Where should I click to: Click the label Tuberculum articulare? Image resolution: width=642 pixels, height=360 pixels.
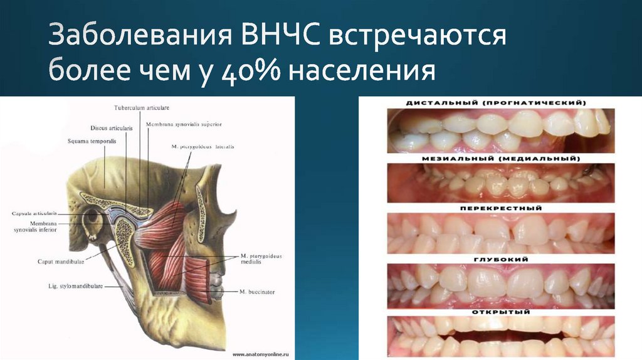pyautogui.click(x=142, y=108)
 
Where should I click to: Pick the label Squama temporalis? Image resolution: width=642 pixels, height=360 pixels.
pyautogui.click(x=92, y=141)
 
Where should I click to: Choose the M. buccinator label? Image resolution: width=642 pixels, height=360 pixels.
pyautogui.click(x=256, y=292)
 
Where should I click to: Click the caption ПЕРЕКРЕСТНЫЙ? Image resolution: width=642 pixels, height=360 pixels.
pyautogui.click(x=500, y=208)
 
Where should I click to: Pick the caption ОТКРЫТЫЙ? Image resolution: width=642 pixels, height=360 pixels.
pyautogui.click(x=500, y=311)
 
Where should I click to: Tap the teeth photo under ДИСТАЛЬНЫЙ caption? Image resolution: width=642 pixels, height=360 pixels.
pyautogui.click(x=500, y=130)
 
